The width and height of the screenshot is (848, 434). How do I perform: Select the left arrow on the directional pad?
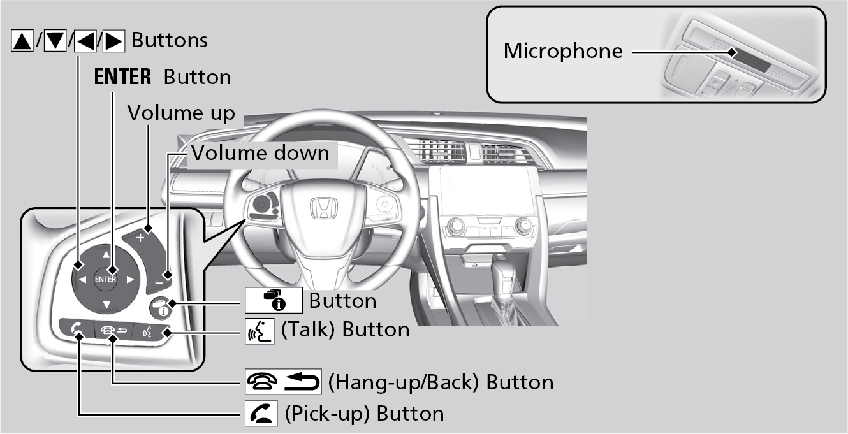click(x=82, y=279)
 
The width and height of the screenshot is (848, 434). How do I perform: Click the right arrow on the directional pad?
click(x=129, y=279)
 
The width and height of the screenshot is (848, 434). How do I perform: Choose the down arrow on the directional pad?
click(x=106, y=304)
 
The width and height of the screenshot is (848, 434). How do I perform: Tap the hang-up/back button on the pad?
click(x=112, y=331)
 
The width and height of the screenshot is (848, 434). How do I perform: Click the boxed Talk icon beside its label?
click(x=259, y=331)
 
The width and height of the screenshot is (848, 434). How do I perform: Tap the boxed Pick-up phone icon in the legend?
click(x=260, y=414)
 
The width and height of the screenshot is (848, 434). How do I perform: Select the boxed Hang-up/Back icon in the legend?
click(x=282, y=382)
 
